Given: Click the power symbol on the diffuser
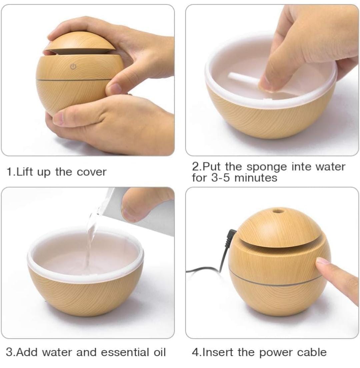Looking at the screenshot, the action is point(73,67).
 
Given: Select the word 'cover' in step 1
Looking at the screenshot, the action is point(92,172).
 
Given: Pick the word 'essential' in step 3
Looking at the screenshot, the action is point(125,352).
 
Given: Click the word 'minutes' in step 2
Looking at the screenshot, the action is point(256,178).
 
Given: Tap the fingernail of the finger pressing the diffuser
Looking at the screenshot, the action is point(322,261).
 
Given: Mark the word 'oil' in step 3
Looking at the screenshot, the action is point(159,352).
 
